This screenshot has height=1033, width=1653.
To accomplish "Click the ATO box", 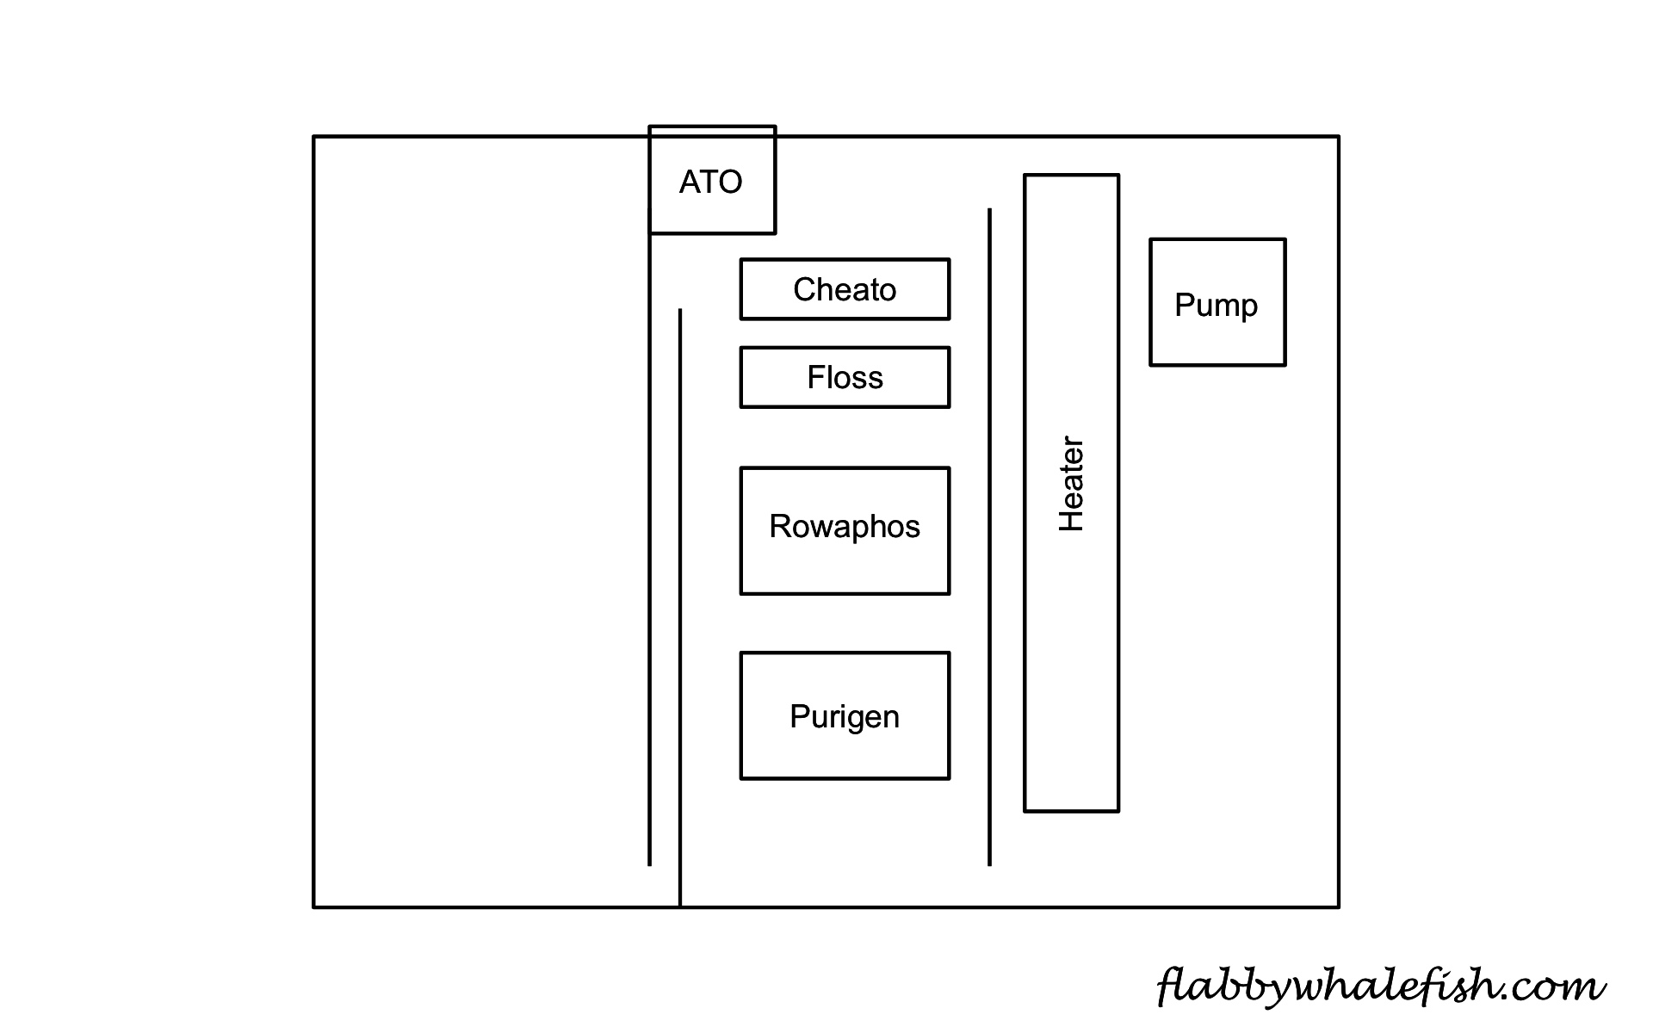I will click(712, 180).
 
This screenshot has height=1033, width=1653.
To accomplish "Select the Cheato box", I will click(845, 289).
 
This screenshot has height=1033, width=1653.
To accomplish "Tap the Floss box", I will click(845, 377).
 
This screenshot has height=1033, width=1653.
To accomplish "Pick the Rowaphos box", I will click(845, 530).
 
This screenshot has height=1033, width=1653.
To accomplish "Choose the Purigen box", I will click(845, 715).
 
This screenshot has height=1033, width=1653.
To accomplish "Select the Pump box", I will click(1217, 302).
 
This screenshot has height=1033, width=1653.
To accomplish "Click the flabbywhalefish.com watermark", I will click(1380, 985).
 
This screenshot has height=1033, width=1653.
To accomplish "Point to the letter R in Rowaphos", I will click(779, 526).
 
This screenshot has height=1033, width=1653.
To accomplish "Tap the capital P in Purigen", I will click(799, 716).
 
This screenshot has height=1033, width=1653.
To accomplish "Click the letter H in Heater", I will click(1071, 519).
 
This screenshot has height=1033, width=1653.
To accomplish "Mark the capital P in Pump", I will click(1184, 304).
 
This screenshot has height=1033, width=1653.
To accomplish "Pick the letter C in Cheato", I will click(804, 289).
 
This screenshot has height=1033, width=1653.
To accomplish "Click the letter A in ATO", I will click(689, 182).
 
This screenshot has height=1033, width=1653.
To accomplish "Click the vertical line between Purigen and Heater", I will click(989, 714).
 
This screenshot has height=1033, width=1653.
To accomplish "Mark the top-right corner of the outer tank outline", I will click(1338, 137).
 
